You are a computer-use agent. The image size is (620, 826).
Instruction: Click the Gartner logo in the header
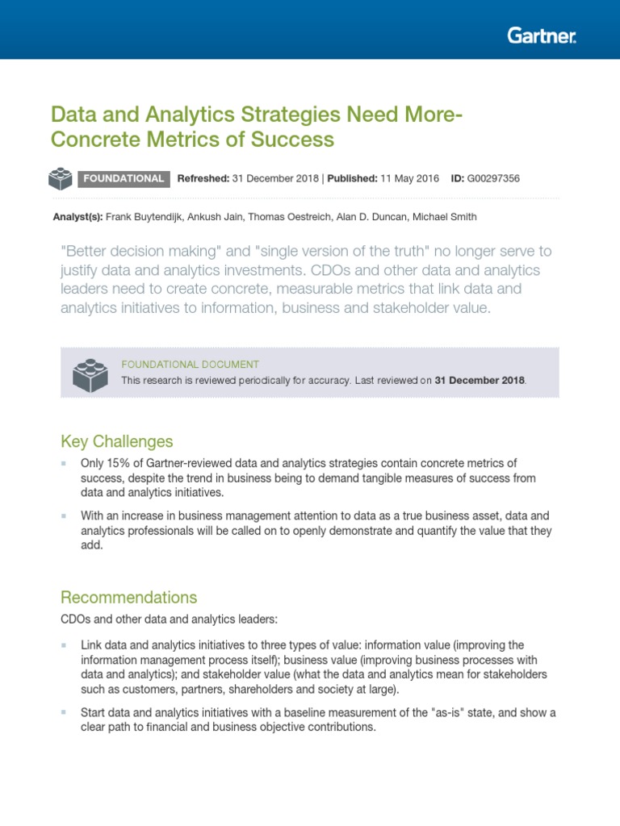(x=542, y=35)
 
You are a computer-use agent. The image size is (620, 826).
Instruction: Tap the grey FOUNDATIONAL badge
(x=123, y=178)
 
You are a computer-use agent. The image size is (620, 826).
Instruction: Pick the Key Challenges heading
(x=117, y=441)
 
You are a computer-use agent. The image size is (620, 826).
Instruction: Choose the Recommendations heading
(x=129, y=598)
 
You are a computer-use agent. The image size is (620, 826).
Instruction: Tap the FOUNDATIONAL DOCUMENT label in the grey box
(x=190, y=365)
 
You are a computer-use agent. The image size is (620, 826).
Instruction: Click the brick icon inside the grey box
(x=90, y=372)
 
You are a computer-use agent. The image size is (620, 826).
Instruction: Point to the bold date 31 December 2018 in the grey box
(x=480, y=380)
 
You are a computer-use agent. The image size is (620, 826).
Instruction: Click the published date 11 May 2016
(x=409, y=178)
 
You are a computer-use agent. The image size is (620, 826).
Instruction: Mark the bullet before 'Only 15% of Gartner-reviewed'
(x=64, y=464)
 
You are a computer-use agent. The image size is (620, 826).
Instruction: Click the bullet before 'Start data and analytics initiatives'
(x=64, y=713)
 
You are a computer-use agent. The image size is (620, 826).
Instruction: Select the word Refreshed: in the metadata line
(x=202, y=178)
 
